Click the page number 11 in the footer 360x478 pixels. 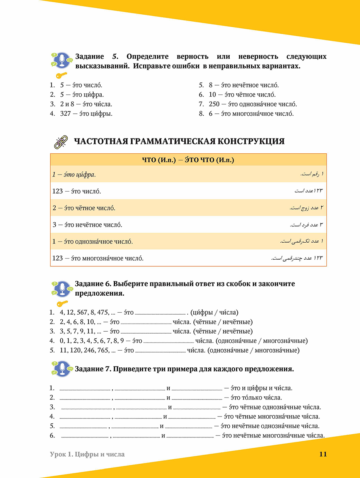pyautogui.click(x=323, y=454)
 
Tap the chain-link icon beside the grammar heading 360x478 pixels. pyautogui.click(x=60, y=142)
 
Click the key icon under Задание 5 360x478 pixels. pyautogui.click(x=61, y=75)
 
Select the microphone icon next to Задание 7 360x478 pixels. pyautogui.click(x=62, y=369)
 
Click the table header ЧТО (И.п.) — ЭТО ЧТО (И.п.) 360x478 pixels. pyautogui.click(x=188, y=160)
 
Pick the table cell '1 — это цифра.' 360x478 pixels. pyautogui.click(x=74, y=175)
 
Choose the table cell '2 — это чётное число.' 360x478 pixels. pyautogui.click(x=84, y=208)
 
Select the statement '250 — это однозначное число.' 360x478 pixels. pyautogui.click(x=253, y=104)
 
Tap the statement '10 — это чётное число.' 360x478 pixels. pyautogui.click(x=242, y=95)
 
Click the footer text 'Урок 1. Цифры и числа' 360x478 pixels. pyautogui.click(x=87, y=454)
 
